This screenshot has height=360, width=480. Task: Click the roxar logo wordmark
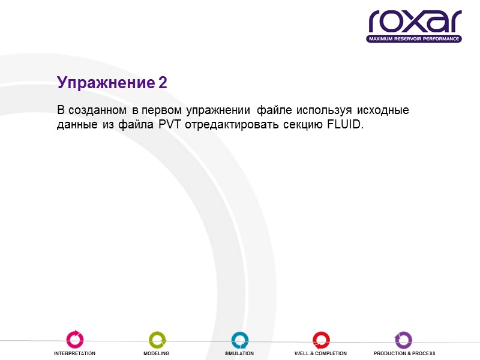415,22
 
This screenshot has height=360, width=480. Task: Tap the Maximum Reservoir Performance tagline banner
415,39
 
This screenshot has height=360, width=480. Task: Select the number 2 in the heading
163,83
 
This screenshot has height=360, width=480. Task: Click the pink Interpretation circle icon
75,340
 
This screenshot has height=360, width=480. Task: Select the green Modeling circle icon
157,340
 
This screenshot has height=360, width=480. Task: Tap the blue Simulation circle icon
240,340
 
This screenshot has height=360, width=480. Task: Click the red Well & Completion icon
321,340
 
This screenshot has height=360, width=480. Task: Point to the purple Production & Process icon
403,340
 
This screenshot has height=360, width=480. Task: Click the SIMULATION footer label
239,354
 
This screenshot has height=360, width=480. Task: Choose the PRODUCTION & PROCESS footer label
404,354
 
